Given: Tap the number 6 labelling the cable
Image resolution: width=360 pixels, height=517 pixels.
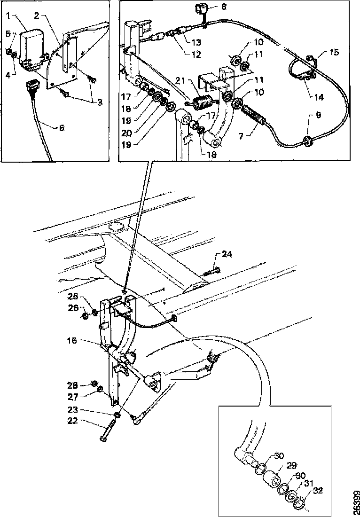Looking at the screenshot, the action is (62, 127).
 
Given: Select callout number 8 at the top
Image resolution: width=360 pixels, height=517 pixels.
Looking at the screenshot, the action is (224, 6).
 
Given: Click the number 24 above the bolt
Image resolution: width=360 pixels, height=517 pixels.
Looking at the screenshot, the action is (227, 254).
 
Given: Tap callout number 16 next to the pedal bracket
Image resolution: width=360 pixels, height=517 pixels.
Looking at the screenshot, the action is (72, 340).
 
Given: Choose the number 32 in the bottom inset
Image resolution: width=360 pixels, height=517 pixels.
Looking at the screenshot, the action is (318, 491).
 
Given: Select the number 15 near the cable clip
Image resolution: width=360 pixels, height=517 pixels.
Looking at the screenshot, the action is (334, 52).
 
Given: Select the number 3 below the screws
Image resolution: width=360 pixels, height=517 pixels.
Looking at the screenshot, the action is (100, 102).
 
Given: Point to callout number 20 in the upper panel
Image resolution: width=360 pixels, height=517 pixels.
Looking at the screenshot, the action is (127, 133).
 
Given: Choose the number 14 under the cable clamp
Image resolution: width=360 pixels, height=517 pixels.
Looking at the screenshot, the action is (319, 97).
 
